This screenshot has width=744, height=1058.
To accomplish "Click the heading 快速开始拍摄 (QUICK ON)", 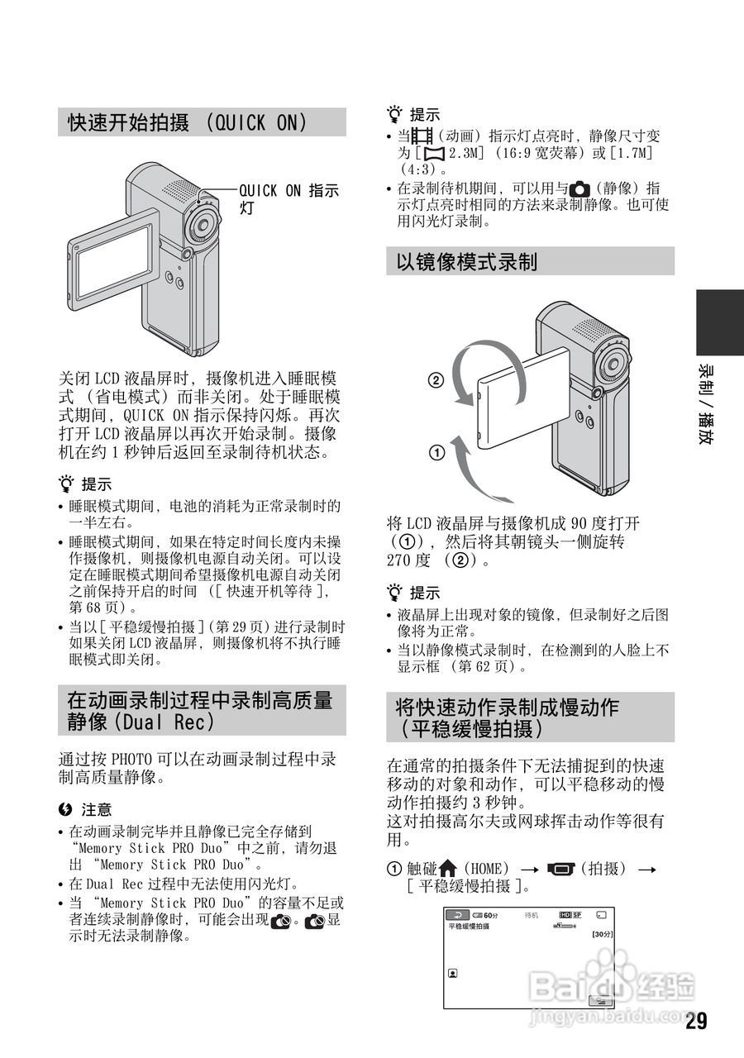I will point(188,123).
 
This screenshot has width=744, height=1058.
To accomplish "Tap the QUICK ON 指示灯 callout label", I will point(289,199).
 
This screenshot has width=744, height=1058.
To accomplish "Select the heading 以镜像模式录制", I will point(467,262).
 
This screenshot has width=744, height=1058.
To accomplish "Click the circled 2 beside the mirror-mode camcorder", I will point(436,381).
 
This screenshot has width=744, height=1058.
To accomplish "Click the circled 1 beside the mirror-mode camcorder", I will point(436,452).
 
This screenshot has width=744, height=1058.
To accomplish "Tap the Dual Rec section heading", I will point(200,710).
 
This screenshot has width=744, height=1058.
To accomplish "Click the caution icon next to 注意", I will point(64,809).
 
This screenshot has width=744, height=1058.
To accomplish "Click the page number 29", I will point(696,1022).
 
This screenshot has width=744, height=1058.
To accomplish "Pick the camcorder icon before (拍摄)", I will point(560,869).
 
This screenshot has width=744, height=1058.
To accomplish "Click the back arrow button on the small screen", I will point(457,915).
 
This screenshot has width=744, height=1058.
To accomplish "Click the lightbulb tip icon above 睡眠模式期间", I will point(65,484).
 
